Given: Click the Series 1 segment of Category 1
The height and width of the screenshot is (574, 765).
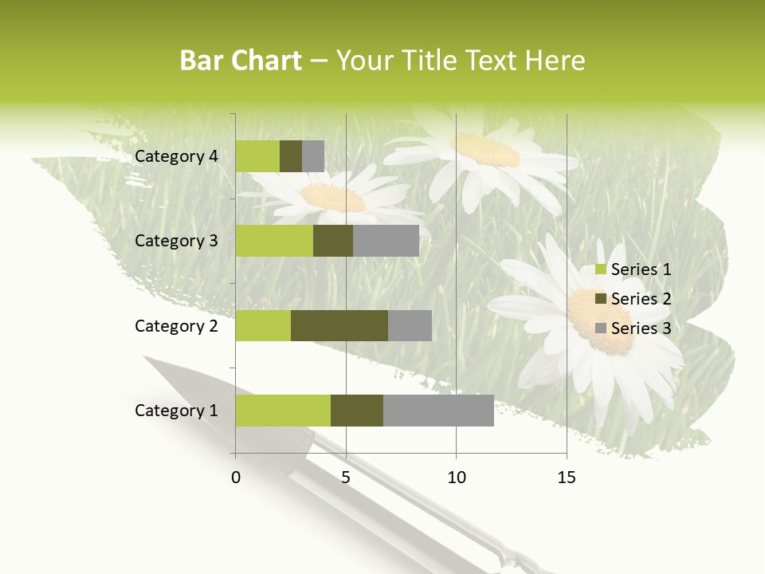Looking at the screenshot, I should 283,411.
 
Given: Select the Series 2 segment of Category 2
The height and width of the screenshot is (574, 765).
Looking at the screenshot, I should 339,325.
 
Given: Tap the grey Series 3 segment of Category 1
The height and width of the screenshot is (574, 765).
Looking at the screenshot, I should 438,411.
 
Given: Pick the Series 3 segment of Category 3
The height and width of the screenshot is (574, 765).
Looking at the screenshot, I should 386,241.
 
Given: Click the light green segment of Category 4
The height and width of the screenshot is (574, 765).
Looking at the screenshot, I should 257,156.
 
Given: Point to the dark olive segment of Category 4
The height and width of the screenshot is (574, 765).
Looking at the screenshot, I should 291,156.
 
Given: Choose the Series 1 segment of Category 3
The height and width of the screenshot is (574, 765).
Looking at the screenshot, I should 274,241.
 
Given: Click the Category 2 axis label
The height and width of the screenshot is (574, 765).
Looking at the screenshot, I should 176,325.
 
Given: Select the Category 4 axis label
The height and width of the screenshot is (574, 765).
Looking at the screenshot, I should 176,156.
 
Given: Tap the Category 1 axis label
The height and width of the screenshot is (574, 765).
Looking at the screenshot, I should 176,411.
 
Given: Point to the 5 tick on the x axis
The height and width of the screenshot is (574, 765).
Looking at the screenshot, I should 346,478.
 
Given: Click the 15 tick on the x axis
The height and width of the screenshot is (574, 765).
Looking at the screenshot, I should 567,478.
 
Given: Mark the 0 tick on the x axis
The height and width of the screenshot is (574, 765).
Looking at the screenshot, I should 236,478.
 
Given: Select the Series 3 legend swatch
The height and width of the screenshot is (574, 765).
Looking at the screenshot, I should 601,328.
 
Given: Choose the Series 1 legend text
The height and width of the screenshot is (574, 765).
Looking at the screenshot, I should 641,269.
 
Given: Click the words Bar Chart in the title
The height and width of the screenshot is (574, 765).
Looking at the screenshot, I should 241,61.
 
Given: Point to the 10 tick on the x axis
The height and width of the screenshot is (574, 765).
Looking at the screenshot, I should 456,478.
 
